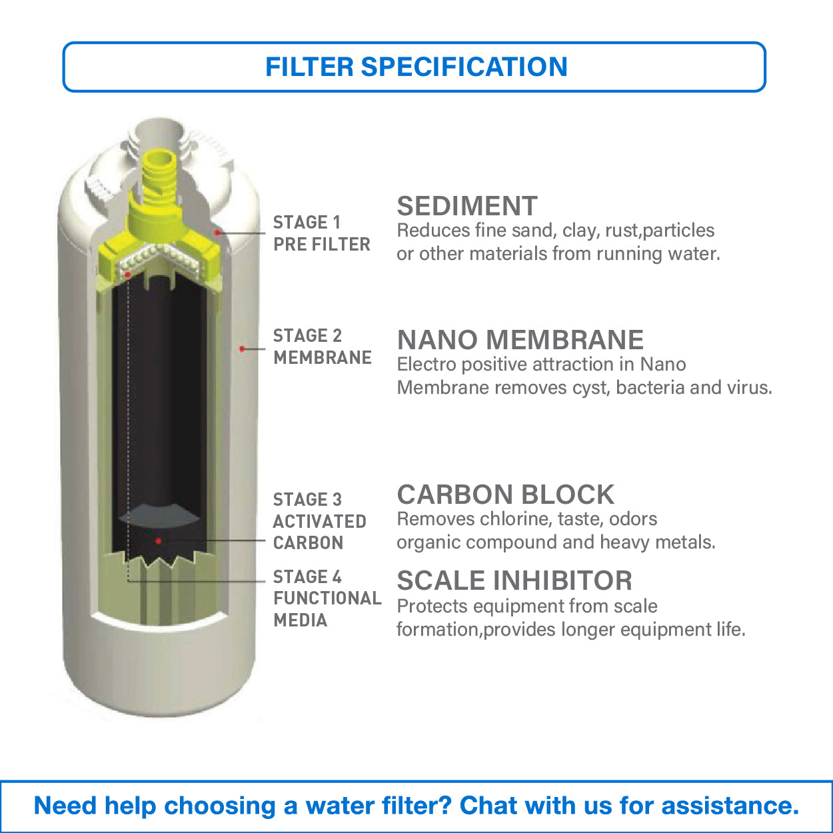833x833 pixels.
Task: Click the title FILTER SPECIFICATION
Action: [x=416, y=67]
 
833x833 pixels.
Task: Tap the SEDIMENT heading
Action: [x=466, y=207]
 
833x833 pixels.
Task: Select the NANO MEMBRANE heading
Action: [x=520, y=340]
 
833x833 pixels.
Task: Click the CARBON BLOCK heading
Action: [x=505, y=494]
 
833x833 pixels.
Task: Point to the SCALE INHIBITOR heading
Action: [x=514, y=580]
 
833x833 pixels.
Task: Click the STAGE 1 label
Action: [x=307, y=222]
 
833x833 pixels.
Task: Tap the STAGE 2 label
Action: [x=307, y=335]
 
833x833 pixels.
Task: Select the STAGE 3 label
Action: [x=307, y=499]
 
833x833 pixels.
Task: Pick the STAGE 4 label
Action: [x=307, y=576]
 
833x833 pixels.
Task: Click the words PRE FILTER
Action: [x=321, y=245]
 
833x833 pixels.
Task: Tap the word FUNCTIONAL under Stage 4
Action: [x=327, y=598]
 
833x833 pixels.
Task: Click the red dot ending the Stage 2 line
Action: [x=243, y=349]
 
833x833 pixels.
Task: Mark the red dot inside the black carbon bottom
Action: [x=158, y=540]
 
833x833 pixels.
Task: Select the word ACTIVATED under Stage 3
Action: [x=319, y=521]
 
